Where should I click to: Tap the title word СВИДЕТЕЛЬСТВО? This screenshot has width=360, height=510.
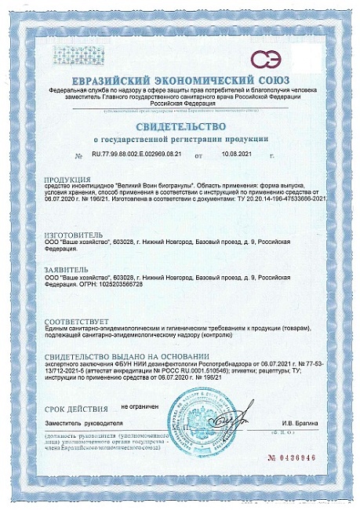180,126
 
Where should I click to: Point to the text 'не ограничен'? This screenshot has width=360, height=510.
140,408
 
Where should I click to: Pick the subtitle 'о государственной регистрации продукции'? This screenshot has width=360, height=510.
180,139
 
